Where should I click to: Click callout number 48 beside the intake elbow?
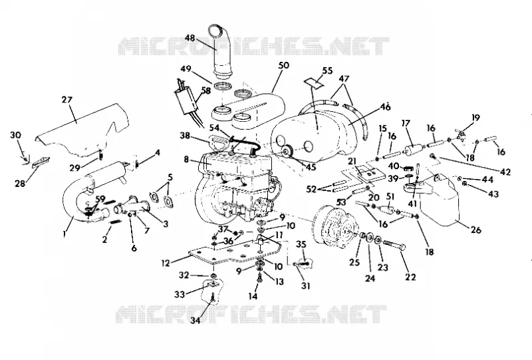(190, 38)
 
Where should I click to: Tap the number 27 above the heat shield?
(67, 100)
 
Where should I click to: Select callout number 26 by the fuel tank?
(476, 230)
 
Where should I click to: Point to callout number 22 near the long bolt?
(410, 277)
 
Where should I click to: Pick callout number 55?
(327, 71)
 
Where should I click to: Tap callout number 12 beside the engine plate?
(165, 264)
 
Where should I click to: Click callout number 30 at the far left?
(15, 135)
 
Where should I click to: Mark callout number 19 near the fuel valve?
(475, 118)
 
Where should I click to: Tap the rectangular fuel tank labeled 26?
(441, 202)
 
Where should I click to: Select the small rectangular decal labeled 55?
(313, 83)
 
